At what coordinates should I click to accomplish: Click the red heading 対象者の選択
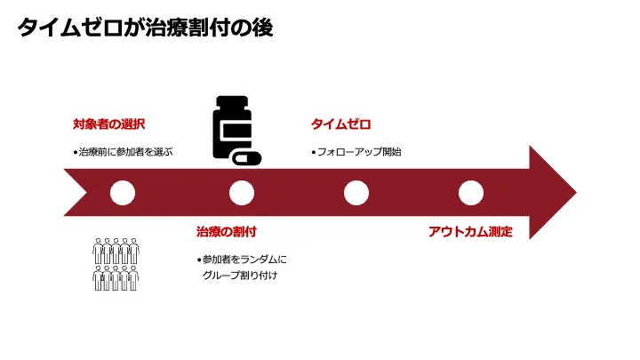(x=108, y=124)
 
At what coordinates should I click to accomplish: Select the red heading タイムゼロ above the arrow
(x=340, y=124)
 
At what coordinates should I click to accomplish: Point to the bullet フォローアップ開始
(x=358, y=152)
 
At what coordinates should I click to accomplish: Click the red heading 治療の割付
(x=226, y=231)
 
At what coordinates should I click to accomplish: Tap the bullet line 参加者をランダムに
(x=243, y=260)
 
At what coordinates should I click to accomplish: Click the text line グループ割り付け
(x=240, y=276)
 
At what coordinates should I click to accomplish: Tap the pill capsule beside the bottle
(x=247, y=159)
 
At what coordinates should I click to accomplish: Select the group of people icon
(x=116, y=264)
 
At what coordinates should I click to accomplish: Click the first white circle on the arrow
(x=123, y=192)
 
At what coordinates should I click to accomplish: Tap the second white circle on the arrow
(x=241, y=192)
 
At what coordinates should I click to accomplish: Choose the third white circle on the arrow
(x=356, y=192)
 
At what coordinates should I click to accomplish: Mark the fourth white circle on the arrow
(x=470, y=192)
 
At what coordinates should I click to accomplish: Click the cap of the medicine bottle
(x=232, y=102)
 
